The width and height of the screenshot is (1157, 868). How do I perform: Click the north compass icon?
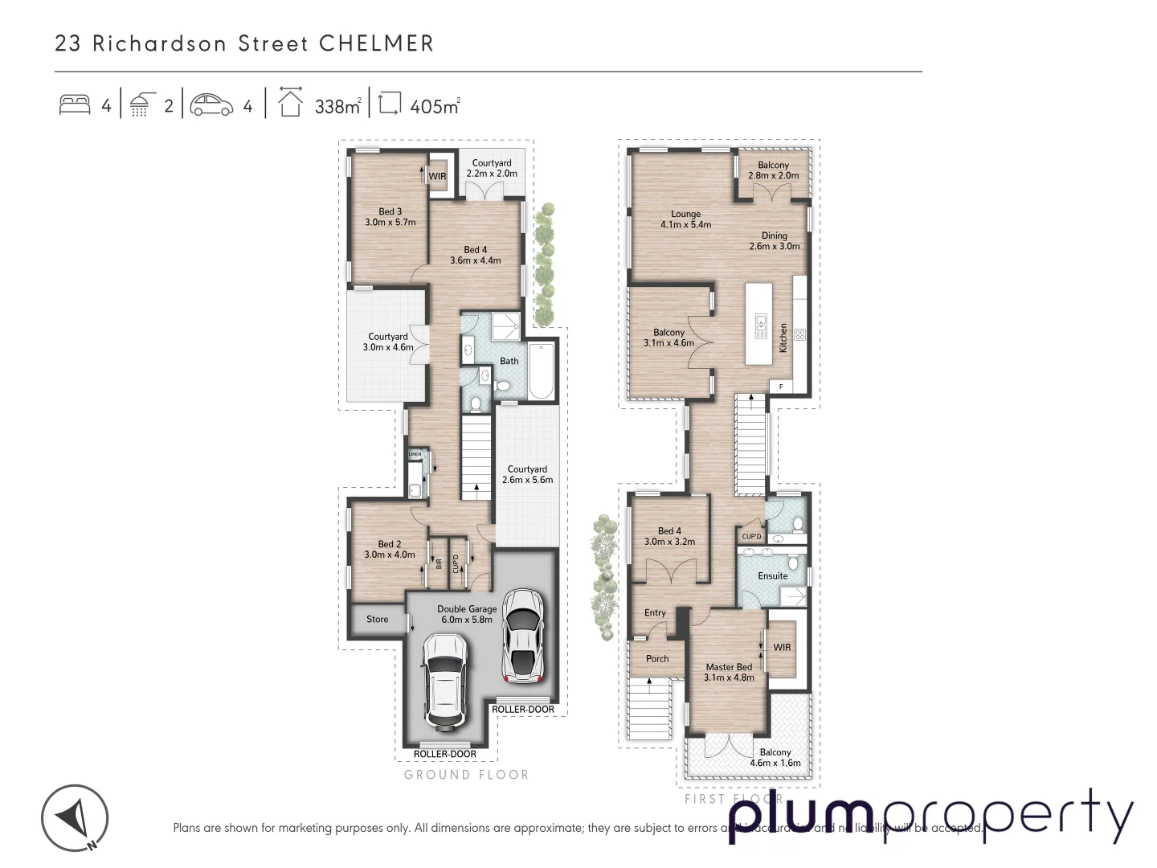click(x=75, y=818)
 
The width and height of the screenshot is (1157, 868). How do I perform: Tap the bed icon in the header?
click(x=75, y=105)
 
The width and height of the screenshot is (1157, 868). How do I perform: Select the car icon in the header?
click(x=211, y=105)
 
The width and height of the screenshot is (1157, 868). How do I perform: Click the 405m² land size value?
click(x=434, y=106)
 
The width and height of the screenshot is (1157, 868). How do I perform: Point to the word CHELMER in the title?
click(x=376, y=43)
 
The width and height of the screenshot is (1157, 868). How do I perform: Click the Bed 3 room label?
click(x=390, y=217)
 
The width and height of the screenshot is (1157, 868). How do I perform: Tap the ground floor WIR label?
click(x=437, y=176)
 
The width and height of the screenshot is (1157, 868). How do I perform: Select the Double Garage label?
click(x=467, y=614)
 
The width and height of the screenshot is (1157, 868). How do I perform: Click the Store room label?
click(x=377, y=619)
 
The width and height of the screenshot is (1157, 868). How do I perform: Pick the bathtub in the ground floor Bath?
click(x=542, y=371)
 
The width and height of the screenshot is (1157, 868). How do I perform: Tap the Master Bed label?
click(x=729, y=672)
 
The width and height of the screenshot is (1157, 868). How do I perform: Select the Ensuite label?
click(x=772, y=575)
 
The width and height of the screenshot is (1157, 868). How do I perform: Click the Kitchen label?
click(x=783, y=338)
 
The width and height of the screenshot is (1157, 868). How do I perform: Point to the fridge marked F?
click(x=781, y=387)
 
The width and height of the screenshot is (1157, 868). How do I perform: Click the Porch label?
click(x=656, y=658)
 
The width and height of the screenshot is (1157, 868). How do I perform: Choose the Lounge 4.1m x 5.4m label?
click(x=685, y=219)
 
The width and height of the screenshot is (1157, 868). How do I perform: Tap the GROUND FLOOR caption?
click(x=466, y=775)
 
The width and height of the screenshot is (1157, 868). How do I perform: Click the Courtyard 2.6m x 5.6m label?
click(x=527, y=474)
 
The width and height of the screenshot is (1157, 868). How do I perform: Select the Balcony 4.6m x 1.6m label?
click(x=775, y=758)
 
